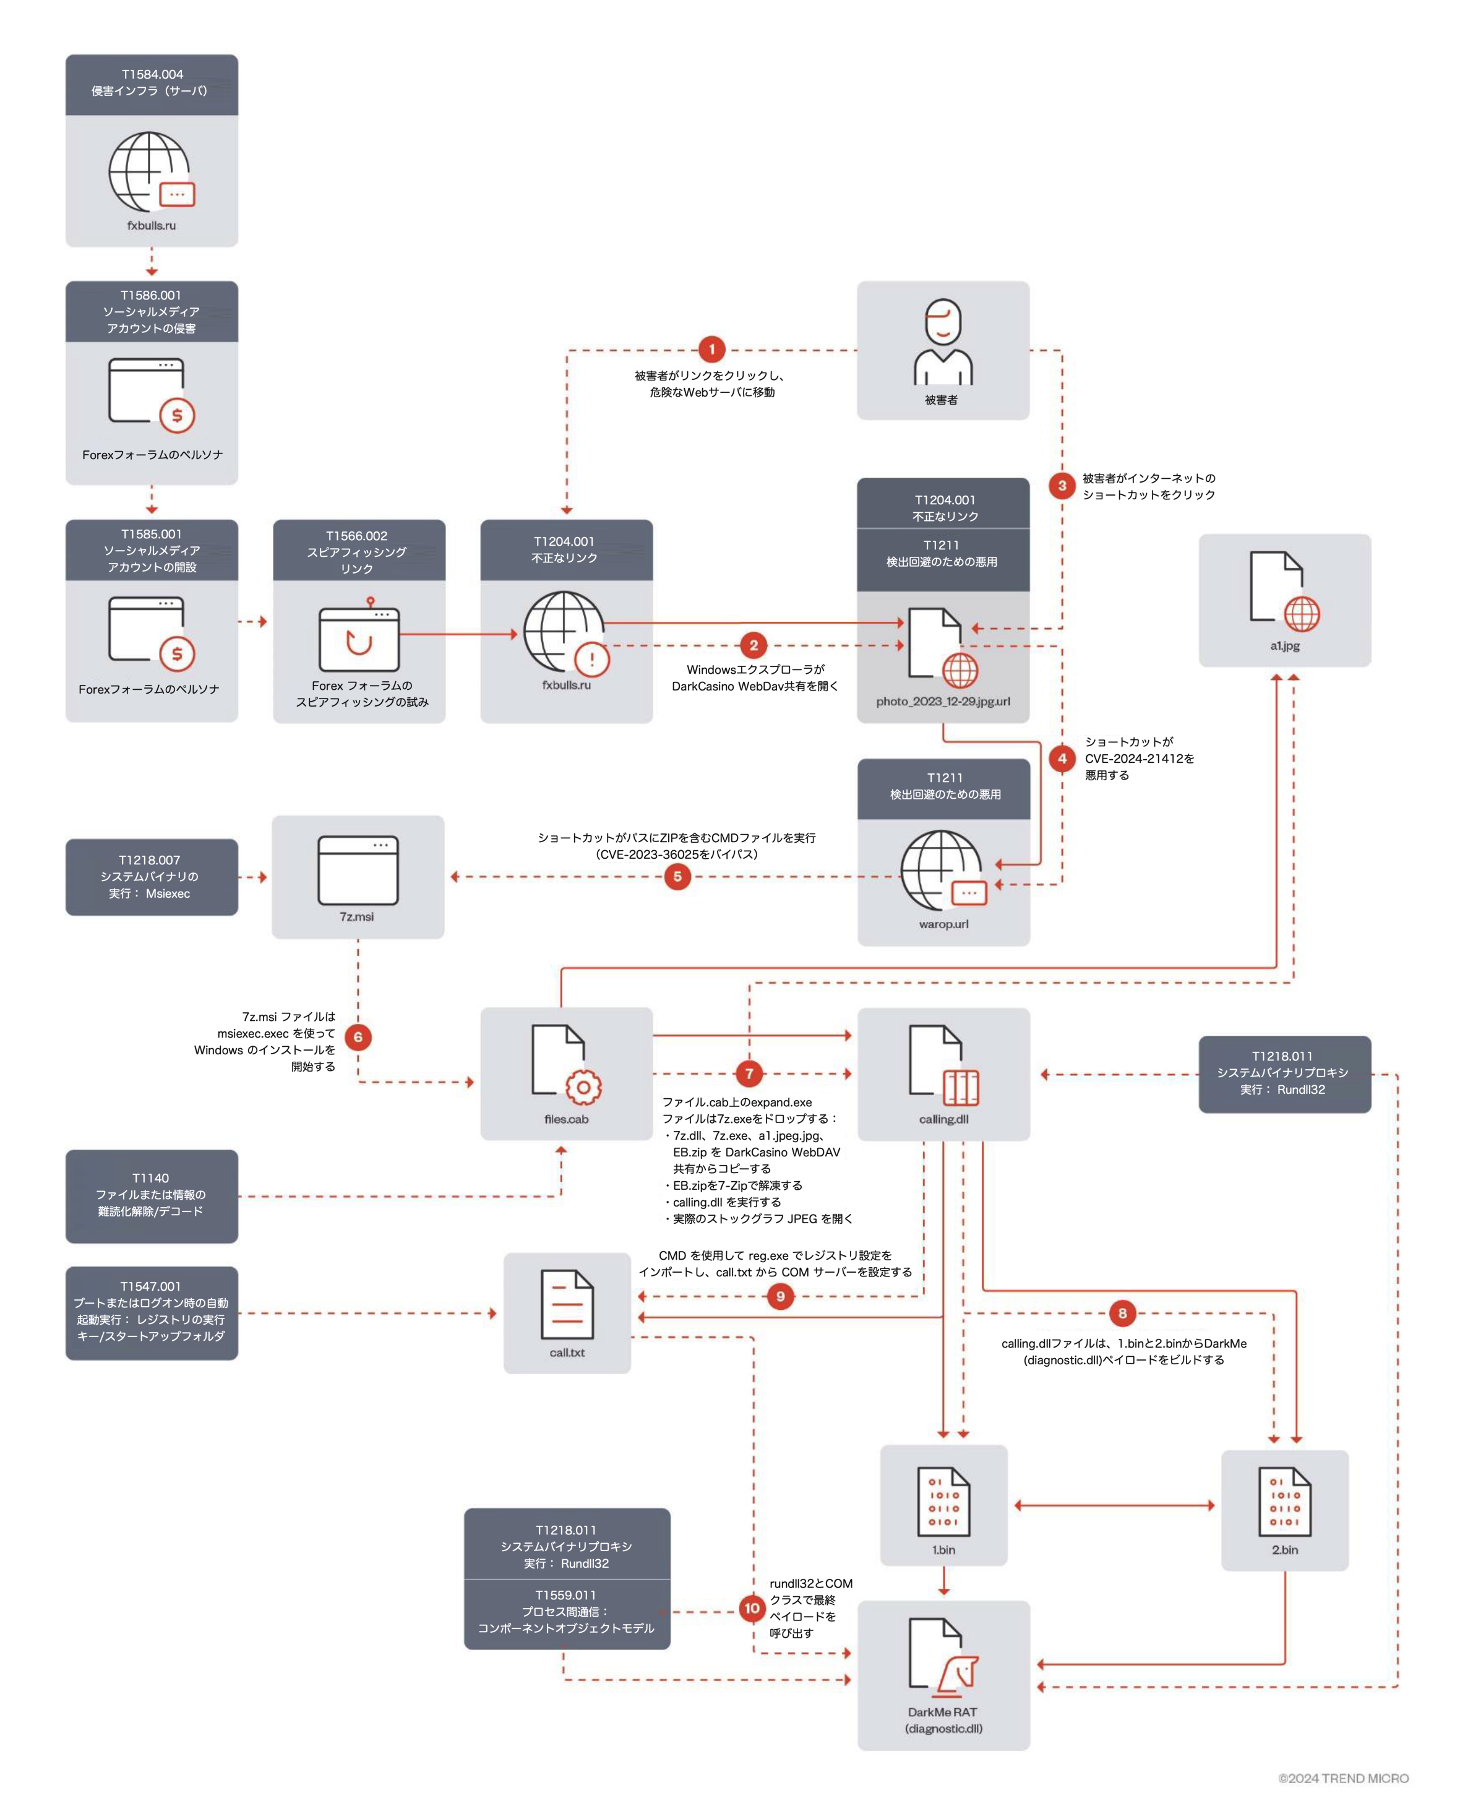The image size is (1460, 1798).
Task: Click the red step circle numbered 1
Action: pos(711,349)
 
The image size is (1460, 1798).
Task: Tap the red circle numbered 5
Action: pos(677,876)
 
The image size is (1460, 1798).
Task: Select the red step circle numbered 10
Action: pos(752,1608)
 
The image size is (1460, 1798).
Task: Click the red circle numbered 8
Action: pos(1122,1313)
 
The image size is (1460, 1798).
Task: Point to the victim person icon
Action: pos(943,342)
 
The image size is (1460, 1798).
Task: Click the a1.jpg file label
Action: pos(1284,646)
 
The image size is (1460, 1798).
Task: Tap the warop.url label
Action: pos(943,924)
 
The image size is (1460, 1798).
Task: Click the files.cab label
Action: pos(566,1119)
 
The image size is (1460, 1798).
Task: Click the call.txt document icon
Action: pos(567,1304)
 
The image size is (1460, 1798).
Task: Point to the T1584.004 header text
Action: pos(152,74)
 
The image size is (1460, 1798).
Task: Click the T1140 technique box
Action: pos(152,1195)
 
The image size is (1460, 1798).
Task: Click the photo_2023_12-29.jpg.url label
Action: pos(943,702)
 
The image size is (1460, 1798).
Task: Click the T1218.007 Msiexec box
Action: pos(152,876)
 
